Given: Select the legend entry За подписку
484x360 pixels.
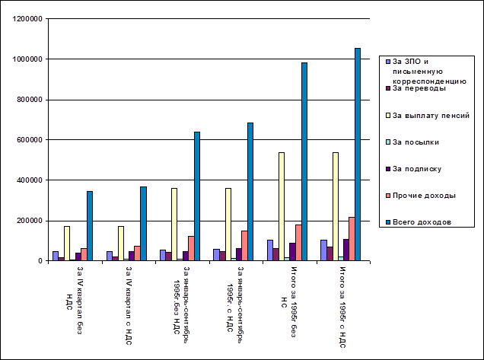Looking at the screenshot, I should [422, 169].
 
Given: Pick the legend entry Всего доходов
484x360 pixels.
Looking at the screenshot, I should [422, 222].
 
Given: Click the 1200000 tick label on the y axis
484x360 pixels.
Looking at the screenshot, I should [27, 18].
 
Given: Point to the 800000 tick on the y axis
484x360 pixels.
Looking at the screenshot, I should [30, 99].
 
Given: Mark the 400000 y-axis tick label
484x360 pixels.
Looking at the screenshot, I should [30, 180].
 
